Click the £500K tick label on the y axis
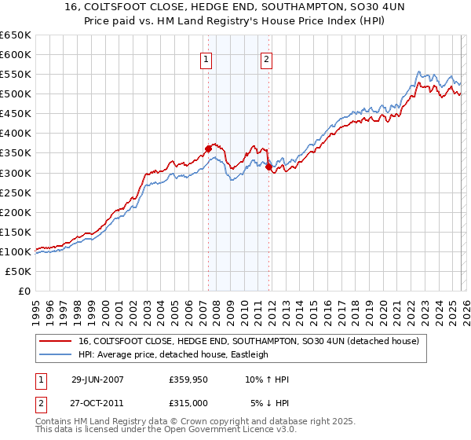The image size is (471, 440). point(16,94)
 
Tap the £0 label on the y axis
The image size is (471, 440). point(24,291)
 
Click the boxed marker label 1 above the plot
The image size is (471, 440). point(206,58)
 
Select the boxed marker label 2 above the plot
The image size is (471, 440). point(266,58)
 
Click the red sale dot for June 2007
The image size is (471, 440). point(208,148)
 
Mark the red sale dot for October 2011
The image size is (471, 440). point(268,167)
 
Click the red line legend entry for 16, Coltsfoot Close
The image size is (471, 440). point(249,341)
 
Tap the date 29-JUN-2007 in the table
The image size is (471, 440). point(97,379)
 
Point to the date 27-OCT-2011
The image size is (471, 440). point(97,404)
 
